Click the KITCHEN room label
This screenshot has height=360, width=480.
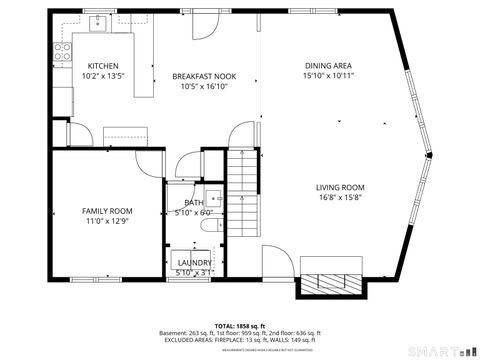pyautogui.click(x=103, y=66)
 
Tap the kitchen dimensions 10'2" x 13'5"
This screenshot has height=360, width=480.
pyautogui.click(x=103, y=76)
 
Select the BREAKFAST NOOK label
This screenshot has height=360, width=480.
pyautogui.click(x=204, y=76)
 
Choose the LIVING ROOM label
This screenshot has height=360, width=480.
pyautogui.click(x=340, y=188)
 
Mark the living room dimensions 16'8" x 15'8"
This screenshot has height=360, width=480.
pyautogui.click(x=340, y=198)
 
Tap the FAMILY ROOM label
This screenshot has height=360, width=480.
pyautogui.click(x=107, y=211)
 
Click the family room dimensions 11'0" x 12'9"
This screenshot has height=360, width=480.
pyautogui.click(x=107, y=221)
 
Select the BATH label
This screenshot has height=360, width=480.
pyautogui.click(x=193, y=203)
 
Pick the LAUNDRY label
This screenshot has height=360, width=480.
pyautogui.click(x=194, y=263)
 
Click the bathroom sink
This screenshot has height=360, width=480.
pyautogui.click(x=213, y=196)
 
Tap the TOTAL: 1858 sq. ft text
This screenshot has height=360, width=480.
pyautogui.click(x=239, y=326)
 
